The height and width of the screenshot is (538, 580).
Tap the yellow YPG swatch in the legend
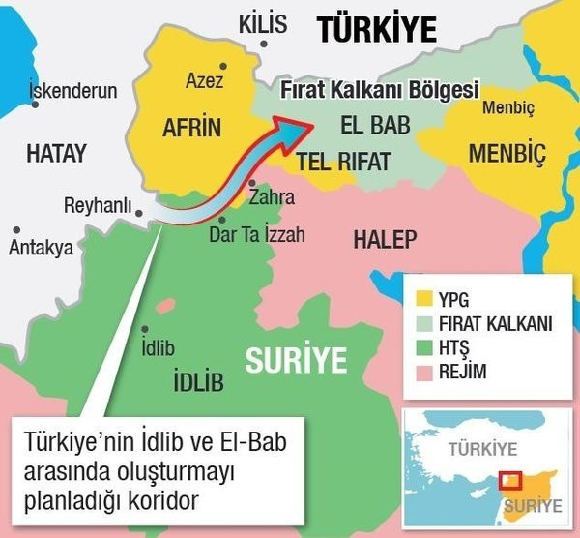coord(420,298)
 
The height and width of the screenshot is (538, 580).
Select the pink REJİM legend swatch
coord(420,374)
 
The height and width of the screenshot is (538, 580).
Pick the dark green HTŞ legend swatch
coord(420,348)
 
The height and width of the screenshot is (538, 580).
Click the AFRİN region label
coord(191,128)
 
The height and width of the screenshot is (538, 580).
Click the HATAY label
coord(56,153)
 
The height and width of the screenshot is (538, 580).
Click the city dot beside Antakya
coord(17,230)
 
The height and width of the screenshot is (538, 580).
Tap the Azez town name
coord(204,81)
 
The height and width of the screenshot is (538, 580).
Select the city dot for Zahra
coord(251,182)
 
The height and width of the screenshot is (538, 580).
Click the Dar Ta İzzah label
coord(250,233)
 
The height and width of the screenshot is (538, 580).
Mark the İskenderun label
coord(73,92)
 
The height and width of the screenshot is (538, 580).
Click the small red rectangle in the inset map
coord(508,482)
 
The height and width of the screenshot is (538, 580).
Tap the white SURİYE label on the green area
coord(295,360)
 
